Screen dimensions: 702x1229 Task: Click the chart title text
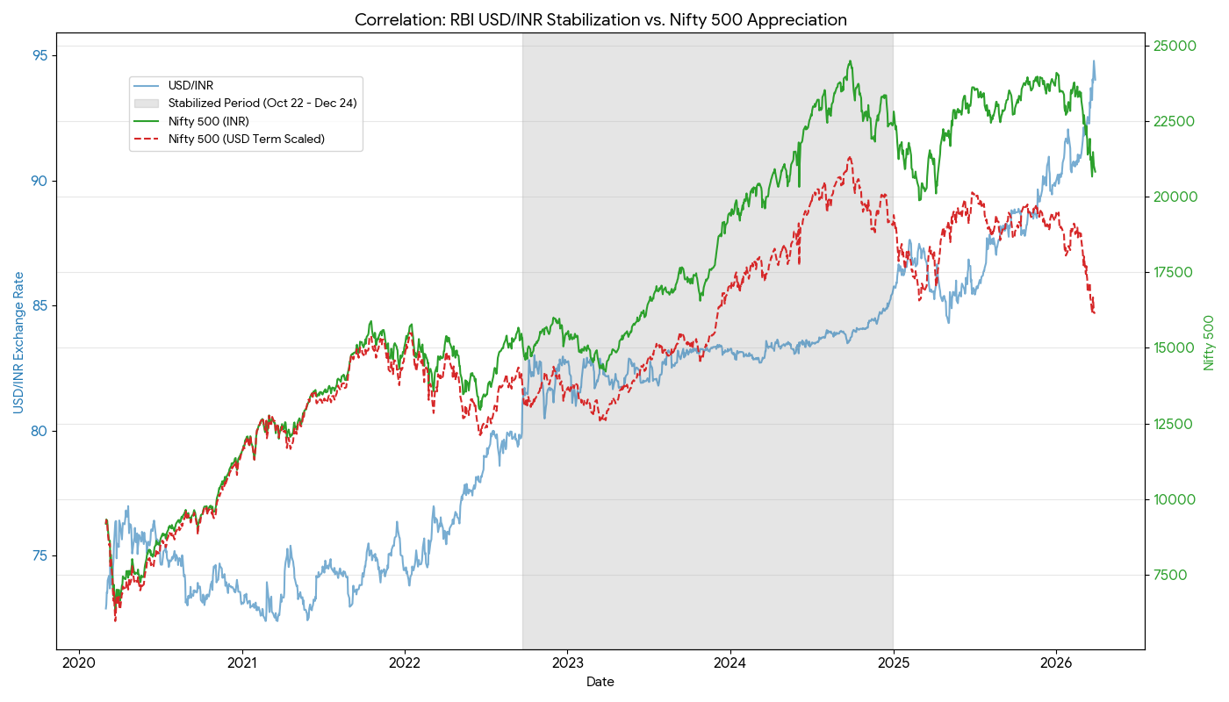coord(600,19)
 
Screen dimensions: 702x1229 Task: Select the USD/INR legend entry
coord(190,85)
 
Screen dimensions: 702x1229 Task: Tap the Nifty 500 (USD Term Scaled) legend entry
coord(246,139)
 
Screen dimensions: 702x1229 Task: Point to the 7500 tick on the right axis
coord(1170,575)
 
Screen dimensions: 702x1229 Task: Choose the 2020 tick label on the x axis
coord(79,663)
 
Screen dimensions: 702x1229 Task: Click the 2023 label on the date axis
coord(567,663)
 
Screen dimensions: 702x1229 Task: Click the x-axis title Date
coord(600,682)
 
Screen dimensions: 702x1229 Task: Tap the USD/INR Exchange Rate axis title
coord(18,342)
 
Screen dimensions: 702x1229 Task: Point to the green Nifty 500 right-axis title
coord(1210,342)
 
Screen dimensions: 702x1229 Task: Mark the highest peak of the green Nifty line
coord(850,61)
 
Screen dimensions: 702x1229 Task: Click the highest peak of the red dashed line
coord(849,157)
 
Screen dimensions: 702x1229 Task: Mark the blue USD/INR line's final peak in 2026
coord(1094,61)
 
